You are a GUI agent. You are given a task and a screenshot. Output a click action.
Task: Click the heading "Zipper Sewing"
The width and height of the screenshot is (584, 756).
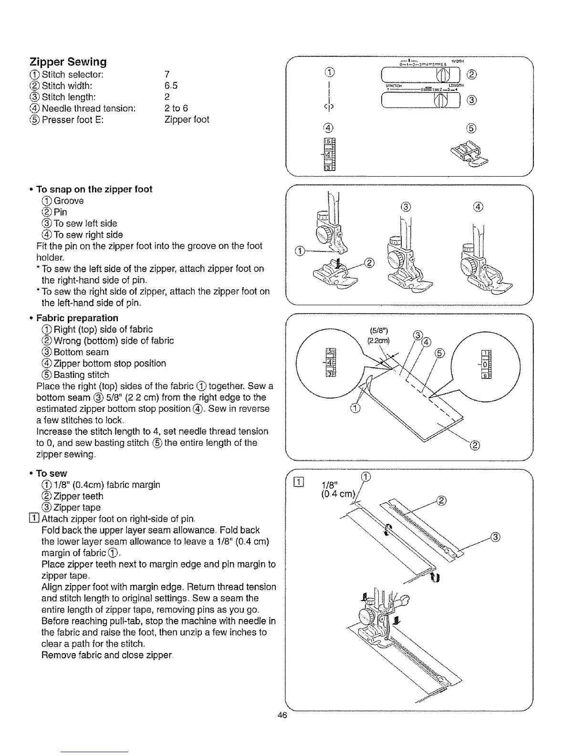[x=68, y=62]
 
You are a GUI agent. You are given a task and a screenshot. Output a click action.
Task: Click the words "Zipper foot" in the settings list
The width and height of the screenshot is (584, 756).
[x=186, y=120]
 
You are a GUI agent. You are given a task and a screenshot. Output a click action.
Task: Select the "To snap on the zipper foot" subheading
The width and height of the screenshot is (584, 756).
[x=94, y=189]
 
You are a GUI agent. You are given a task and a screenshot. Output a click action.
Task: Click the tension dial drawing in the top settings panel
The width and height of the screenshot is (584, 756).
[x=330, y=155]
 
